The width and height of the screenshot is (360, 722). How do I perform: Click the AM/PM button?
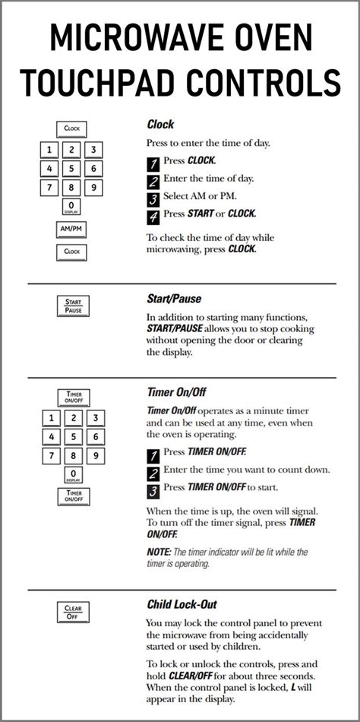(x=71, y=230)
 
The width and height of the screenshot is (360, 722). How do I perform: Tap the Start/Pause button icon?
(x=73, y=306)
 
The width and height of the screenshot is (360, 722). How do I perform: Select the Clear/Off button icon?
(x=73, y=612)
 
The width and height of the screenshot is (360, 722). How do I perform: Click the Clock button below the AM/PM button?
(x=71, y=252)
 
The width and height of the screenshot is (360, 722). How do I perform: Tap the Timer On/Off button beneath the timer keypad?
(x=74, y=496)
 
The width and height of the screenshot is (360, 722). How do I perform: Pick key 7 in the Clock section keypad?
(x=49, y=188)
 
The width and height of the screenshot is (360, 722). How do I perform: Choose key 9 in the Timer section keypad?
(x=96, y=456)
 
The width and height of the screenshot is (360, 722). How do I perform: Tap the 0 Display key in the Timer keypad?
(x=74, y=475)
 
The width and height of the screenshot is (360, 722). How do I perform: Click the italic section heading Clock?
(x=161, y=125)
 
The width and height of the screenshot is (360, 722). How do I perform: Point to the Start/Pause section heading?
(x=174, y=299)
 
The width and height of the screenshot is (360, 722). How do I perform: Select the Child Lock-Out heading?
(x=182, y=604)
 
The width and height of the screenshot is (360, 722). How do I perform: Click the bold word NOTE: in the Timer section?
(x=159, y=551)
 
